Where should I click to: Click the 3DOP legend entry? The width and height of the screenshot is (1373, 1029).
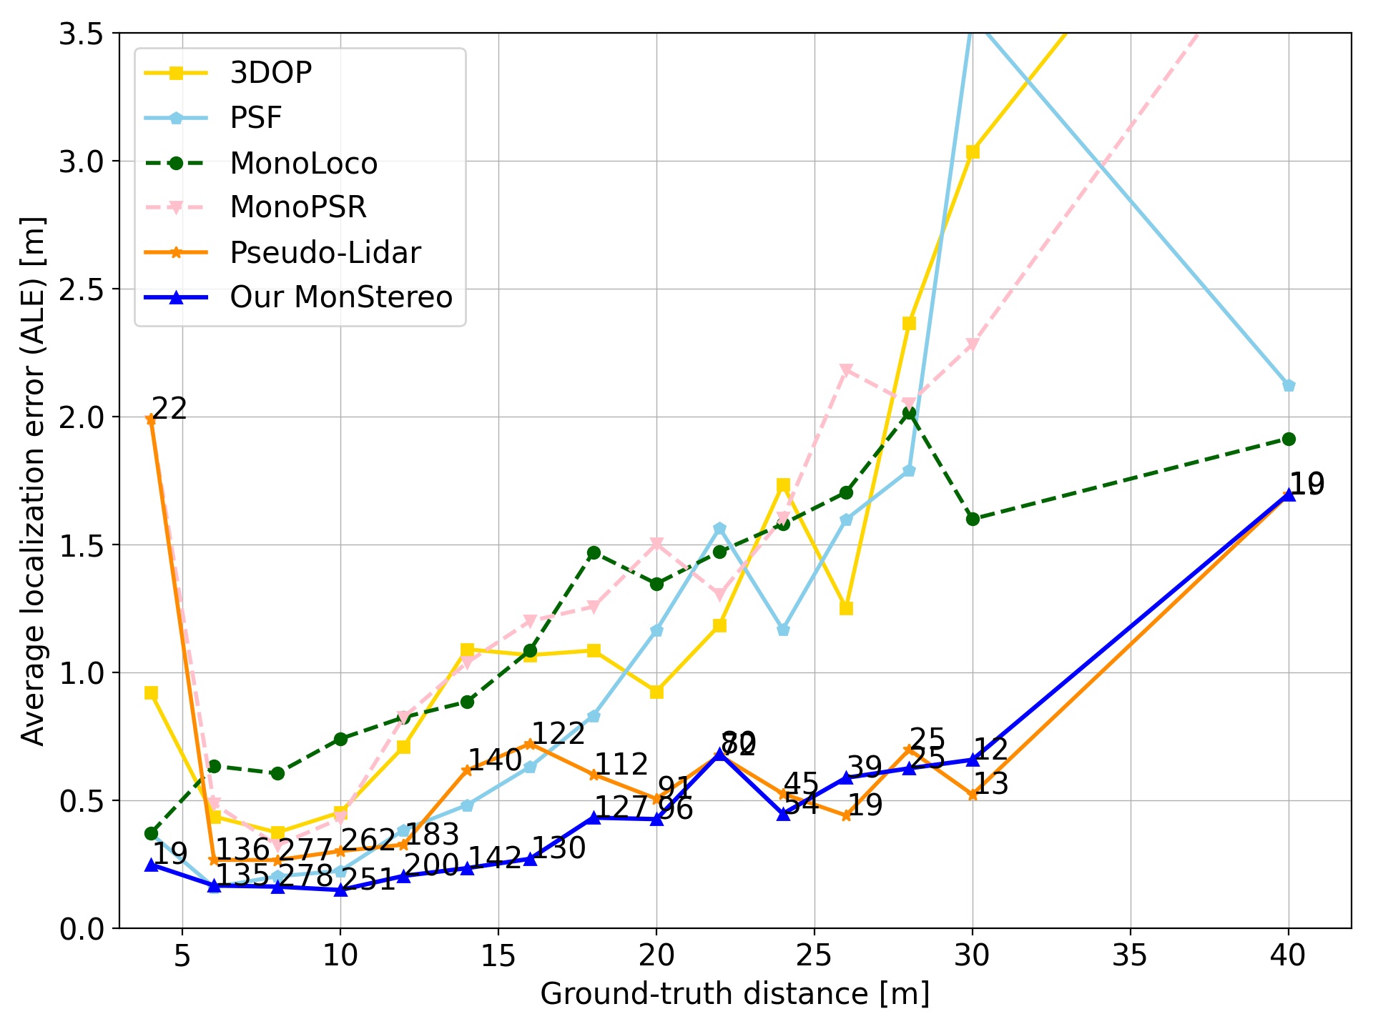point(270,73)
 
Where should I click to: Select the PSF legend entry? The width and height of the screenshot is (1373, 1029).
point(255,118)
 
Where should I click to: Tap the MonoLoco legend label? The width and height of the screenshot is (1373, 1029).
point(303,164)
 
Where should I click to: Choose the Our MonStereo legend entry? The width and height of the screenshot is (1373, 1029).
point(340,297)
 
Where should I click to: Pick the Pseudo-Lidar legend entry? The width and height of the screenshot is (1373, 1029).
point(325,253)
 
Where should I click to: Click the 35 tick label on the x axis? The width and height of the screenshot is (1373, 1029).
point(1130,955)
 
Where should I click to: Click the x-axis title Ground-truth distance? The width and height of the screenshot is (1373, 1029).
point(734,994)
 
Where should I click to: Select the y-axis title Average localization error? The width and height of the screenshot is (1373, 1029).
point(33,481)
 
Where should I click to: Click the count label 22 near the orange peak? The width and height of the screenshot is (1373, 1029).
point(169,409)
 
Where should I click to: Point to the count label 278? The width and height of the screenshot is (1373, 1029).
point(305,876)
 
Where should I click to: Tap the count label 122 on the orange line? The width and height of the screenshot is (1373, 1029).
point(558,734)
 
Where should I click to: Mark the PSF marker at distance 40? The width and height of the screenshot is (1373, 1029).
point(1289,386)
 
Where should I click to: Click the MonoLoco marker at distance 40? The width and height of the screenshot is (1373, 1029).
point(1289,439)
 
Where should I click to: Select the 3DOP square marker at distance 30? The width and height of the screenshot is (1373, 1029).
point(973,152)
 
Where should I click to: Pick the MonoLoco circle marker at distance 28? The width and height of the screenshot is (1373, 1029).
point(909,413)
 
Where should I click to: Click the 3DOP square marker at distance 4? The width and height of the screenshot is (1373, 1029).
point(151,693)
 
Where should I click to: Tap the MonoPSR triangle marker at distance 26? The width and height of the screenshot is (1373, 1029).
point(846,370)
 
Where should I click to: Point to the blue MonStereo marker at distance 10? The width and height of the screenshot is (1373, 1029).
point(340,890)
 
